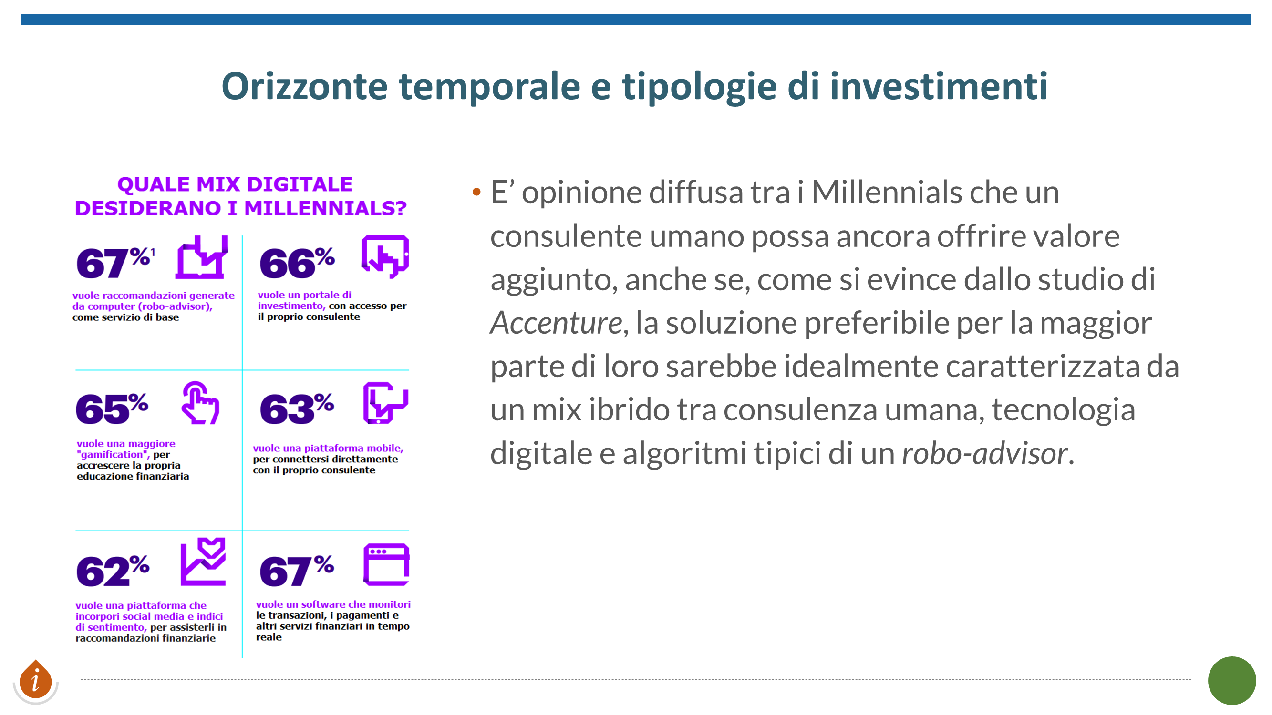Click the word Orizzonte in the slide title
pyautogui.click(x=304, y=86)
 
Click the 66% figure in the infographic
pyautogui.click(x=297, y=263)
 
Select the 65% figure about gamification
pyautogui.click(x=112, y=408)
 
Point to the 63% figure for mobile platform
pyautogui.click(x=297, y=408)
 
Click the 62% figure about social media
pyautogui.click(x=113, y=570)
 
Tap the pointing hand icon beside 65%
pyautogui.click(x=200, y=403)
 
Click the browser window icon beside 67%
pyautogui.click(x=386, y=564)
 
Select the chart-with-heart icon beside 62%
pyautogui.click(x=203, y=562)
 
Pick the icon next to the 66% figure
pyautogui.click(x=385, y=256)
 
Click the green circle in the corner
pyautogui.click(x=1231, y=681)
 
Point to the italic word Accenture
pyautogui.click(x=557, y=323)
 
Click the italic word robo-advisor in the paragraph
pyautogui.click(x=984, y=453)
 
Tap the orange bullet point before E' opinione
pyautogui.click(x=476, y=192)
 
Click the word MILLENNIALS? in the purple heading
pyautogui.click(x=325, y=208)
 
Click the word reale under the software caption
pyautogui.click(x=269, y=636)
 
